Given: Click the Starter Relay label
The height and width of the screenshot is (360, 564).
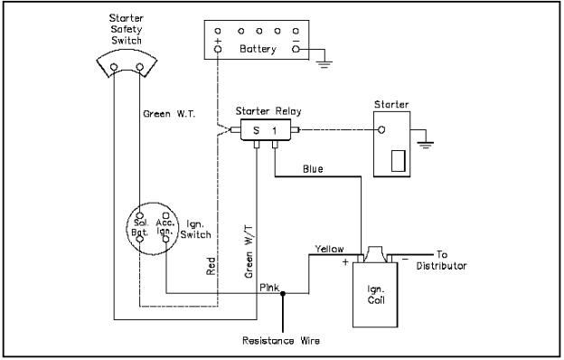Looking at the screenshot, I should click(x=268, y=111).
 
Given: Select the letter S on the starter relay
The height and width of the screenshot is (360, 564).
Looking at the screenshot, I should click(x=256, y=131).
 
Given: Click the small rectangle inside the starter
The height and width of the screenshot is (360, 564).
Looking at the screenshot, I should click(x=395, y=161).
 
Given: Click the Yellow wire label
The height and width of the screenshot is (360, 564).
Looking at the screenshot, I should click(x=329, y=248).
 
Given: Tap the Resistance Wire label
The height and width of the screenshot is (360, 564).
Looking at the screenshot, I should click(x=281, y=341).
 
